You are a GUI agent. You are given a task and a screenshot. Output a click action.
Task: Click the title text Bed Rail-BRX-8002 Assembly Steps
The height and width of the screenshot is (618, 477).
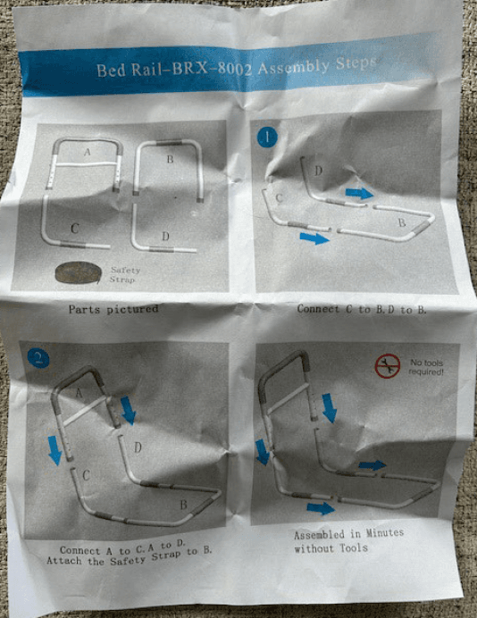(x=237, y=66)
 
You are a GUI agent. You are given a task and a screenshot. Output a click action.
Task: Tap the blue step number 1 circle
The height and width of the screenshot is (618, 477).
(x=267, y=138)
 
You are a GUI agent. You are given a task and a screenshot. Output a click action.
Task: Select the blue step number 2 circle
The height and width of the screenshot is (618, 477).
(x=38, y=359)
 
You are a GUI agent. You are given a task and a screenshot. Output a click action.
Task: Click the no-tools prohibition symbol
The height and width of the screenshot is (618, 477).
(x=387, y=366)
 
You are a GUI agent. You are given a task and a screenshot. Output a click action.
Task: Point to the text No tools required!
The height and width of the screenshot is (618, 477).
(x=427, y=366)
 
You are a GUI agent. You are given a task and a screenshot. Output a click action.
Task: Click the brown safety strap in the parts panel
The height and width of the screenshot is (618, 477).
(x=77, y=271)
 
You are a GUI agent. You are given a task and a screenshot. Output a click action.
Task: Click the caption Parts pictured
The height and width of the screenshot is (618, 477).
(x=113, y=309)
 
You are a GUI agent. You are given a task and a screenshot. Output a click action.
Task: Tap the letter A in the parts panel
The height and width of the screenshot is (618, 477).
(x=87, y=154)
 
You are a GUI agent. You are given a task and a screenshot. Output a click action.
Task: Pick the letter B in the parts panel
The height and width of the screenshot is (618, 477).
(x=169, y=161)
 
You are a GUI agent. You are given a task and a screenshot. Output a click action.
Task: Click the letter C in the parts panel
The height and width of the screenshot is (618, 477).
(x=75, y=230)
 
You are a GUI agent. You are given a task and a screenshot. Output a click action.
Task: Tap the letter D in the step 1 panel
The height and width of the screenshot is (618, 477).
(x=318, y=171)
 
